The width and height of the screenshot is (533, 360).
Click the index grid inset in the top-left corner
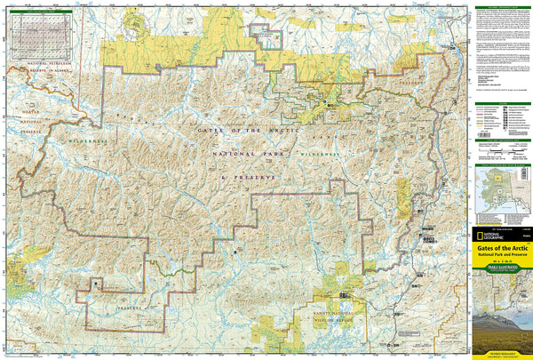click(39, 36)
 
